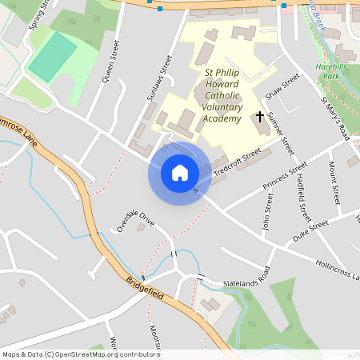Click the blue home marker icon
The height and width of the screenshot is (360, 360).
point(180,172)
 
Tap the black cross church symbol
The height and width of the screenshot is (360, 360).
point(260,118)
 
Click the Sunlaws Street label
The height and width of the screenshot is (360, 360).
point(160,78)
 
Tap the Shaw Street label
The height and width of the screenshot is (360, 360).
point(282,86)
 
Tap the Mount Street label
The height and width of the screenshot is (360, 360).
point(334,183)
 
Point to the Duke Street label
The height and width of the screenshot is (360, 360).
point(310,230)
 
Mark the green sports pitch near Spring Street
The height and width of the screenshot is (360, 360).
point(53,56)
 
